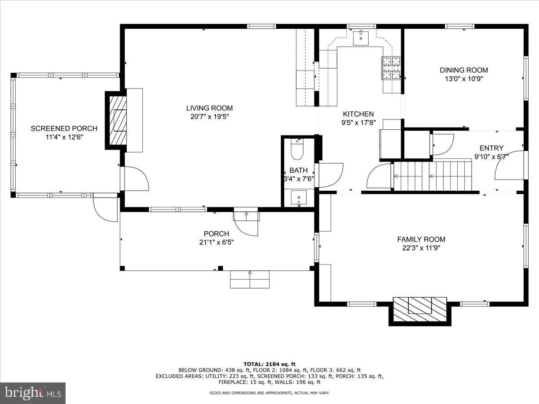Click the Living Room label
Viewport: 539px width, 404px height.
click(x=209, y=108)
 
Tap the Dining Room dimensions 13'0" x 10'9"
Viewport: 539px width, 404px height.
click(x=464, y=79)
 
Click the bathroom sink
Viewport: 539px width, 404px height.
click(x=299, y=198)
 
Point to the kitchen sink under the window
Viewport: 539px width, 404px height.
click(x=361, y=38)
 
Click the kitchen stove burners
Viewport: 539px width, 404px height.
click(x=391, y=68)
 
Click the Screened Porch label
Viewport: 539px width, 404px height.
click(x=64, y=128)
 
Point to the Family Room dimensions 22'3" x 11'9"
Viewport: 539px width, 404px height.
click(x=421, y=248)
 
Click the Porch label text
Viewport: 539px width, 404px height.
click(x=216, y=233)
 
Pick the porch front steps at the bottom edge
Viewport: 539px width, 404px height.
click(x=250, y=279)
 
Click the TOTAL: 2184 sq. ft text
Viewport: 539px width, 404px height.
click(x=269, y=364)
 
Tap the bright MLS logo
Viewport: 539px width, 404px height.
click(x=32, y=393)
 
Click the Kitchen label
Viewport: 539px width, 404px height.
click(x=358, y=114)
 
